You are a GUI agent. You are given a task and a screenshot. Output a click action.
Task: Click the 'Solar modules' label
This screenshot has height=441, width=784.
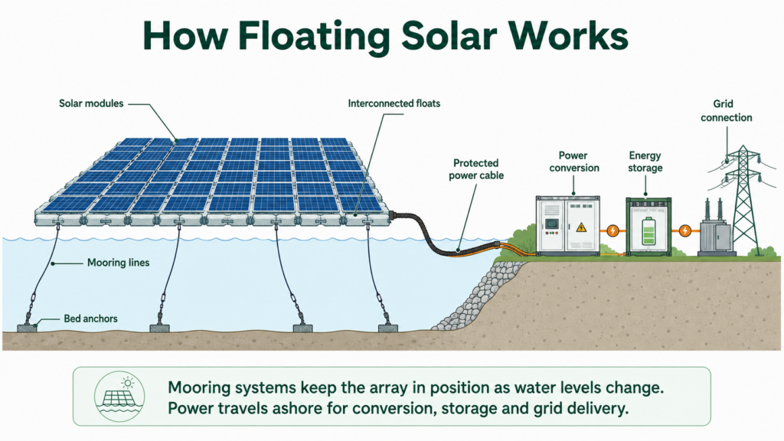pyautogui.click(x=91, y=103)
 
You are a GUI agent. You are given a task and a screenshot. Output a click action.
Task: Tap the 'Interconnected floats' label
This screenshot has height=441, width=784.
pyautogui.click(x=394, y=103)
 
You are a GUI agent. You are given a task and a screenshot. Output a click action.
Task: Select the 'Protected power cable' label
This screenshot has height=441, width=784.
pyautogui.click(x=476, y=169)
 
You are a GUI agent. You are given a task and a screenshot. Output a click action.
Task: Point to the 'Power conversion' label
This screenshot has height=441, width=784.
pyautogui.click(x=574, y=162)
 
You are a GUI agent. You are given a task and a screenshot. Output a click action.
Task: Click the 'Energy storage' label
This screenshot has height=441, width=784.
pyautogui.click(x=645, y=162)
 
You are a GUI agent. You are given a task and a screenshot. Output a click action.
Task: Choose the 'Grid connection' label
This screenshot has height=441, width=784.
pyautogui.click(x=726, y=110)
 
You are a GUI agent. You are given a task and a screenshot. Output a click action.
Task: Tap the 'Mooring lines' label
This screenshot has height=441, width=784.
pyautogui.click(x=119, y=263)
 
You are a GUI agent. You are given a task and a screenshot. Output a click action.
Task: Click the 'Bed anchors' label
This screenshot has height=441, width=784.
pyautogui.click(x=90, y=318)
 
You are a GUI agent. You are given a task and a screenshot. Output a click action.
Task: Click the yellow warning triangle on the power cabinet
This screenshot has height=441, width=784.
pyautogui.click(x=581, y=227)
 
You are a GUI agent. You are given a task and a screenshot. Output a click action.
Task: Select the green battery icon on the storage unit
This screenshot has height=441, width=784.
pyautogui.click(x=648, y=231)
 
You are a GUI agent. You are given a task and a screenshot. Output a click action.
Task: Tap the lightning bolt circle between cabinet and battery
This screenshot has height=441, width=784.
pyautogui.click(x=612, y=230)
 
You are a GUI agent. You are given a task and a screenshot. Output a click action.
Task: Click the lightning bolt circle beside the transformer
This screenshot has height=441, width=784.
pyautogui.click(x=685, y=230)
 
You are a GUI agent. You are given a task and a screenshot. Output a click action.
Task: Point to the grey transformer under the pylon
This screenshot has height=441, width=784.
pyautogui.click(x=717, y=235)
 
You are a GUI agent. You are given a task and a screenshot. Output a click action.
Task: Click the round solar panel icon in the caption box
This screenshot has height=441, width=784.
pyautogui.click(x=119, y=397)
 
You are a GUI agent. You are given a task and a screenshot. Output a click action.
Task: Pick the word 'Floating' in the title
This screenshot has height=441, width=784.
pyautogui.click(x=313, y=36)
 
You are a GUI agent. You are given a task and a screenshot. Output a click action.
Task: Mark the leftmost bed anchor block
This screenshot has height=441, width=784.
pyautogui.click(x=28, y=328)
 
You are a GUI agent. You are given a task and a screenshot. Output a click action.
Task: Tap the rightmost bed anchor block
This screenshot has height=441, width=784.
pyautogui.click(x=388, y=328)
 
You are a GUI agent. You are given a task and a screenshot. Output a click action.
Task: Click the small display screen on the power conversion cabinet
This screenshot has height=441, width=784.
pyautogui.click(x=551, y=224)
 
